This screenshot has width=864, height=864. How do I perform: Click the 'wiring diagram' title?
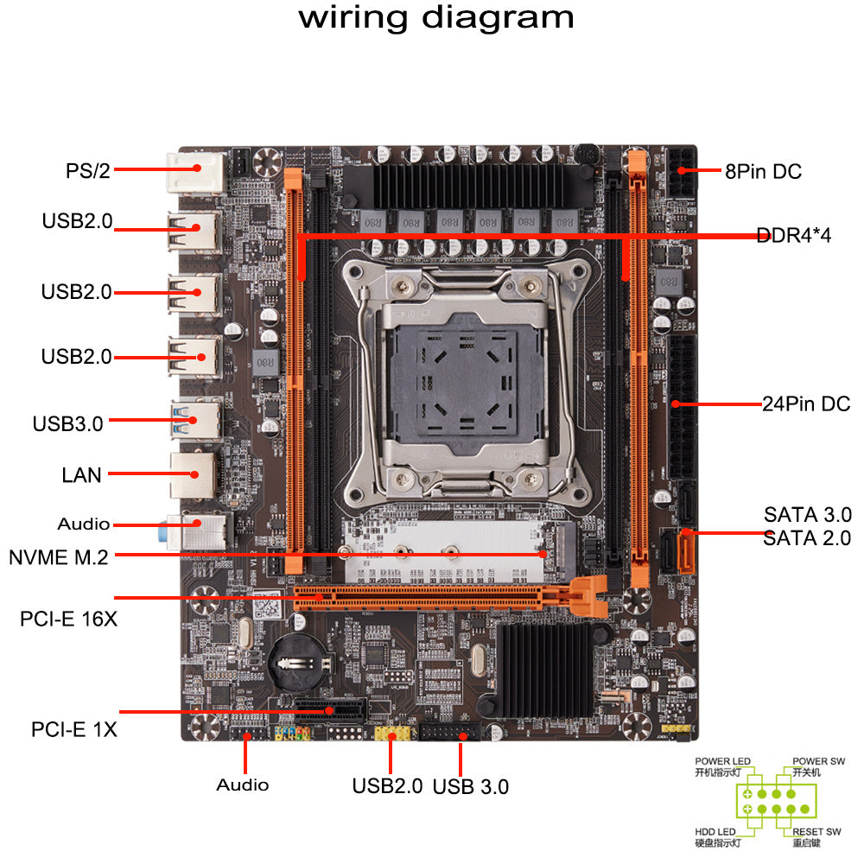[x=436, y=18]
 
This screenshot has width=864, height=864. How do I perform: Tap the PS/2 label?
[x=88, y=170]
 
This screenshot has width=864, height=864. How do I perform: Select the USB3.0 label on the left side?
[x=67, y=423]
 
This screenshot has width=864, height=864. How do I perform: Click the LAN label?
[x=81, y=474]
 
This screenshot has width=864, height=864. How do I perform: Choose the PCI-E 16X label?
[x=68, y=619]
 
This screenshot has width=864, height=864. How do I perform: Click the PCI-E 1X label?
[x=73, y=729]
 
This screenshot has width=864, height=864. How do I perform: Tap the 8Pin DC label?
[x=763, y=172]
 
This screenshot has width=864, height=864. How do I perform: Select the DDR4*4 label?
[x=793, y=235]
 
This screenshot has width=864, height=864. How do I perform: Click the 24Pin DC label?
[x=804, y=403]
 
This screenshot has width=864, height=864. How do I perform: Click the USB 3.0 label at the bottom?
[x=470, y=786]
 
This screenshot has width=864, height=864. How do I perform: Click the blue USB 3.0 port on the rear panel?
[x=192, y=422]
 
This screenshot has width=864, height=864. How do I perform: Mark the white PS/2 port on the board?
[x=192, y=169]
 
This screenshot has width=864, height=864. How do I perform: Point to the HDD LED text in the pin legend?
[x=716, y=832]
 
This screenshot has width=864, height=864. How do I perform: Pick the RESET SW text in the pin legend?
[x=816, y=832]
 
